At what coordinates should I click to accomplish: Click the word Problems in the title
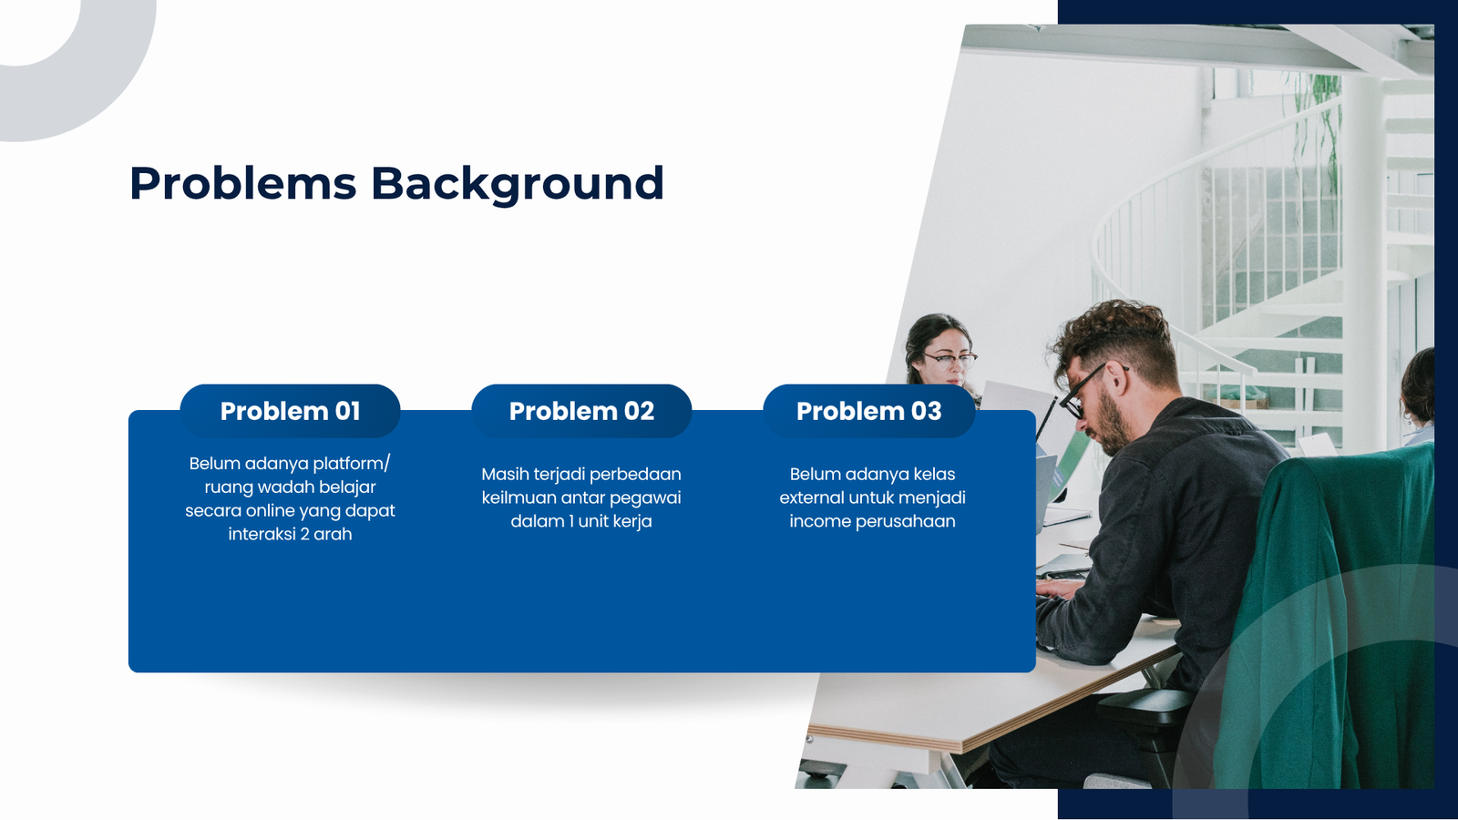(x=242, y=183)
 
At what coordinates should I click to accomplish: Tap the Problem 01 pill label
(x=291, y=411)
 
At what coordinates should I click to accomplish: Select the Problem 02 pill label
(x=581, y=411)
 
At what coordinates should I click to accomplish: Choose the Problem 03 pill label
(x=869, y=411)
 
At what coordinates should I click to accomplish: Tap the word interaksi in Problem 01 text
(x=262, y=534)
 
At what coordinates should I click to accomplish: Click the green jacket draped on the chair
(x=1328, y=619)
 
